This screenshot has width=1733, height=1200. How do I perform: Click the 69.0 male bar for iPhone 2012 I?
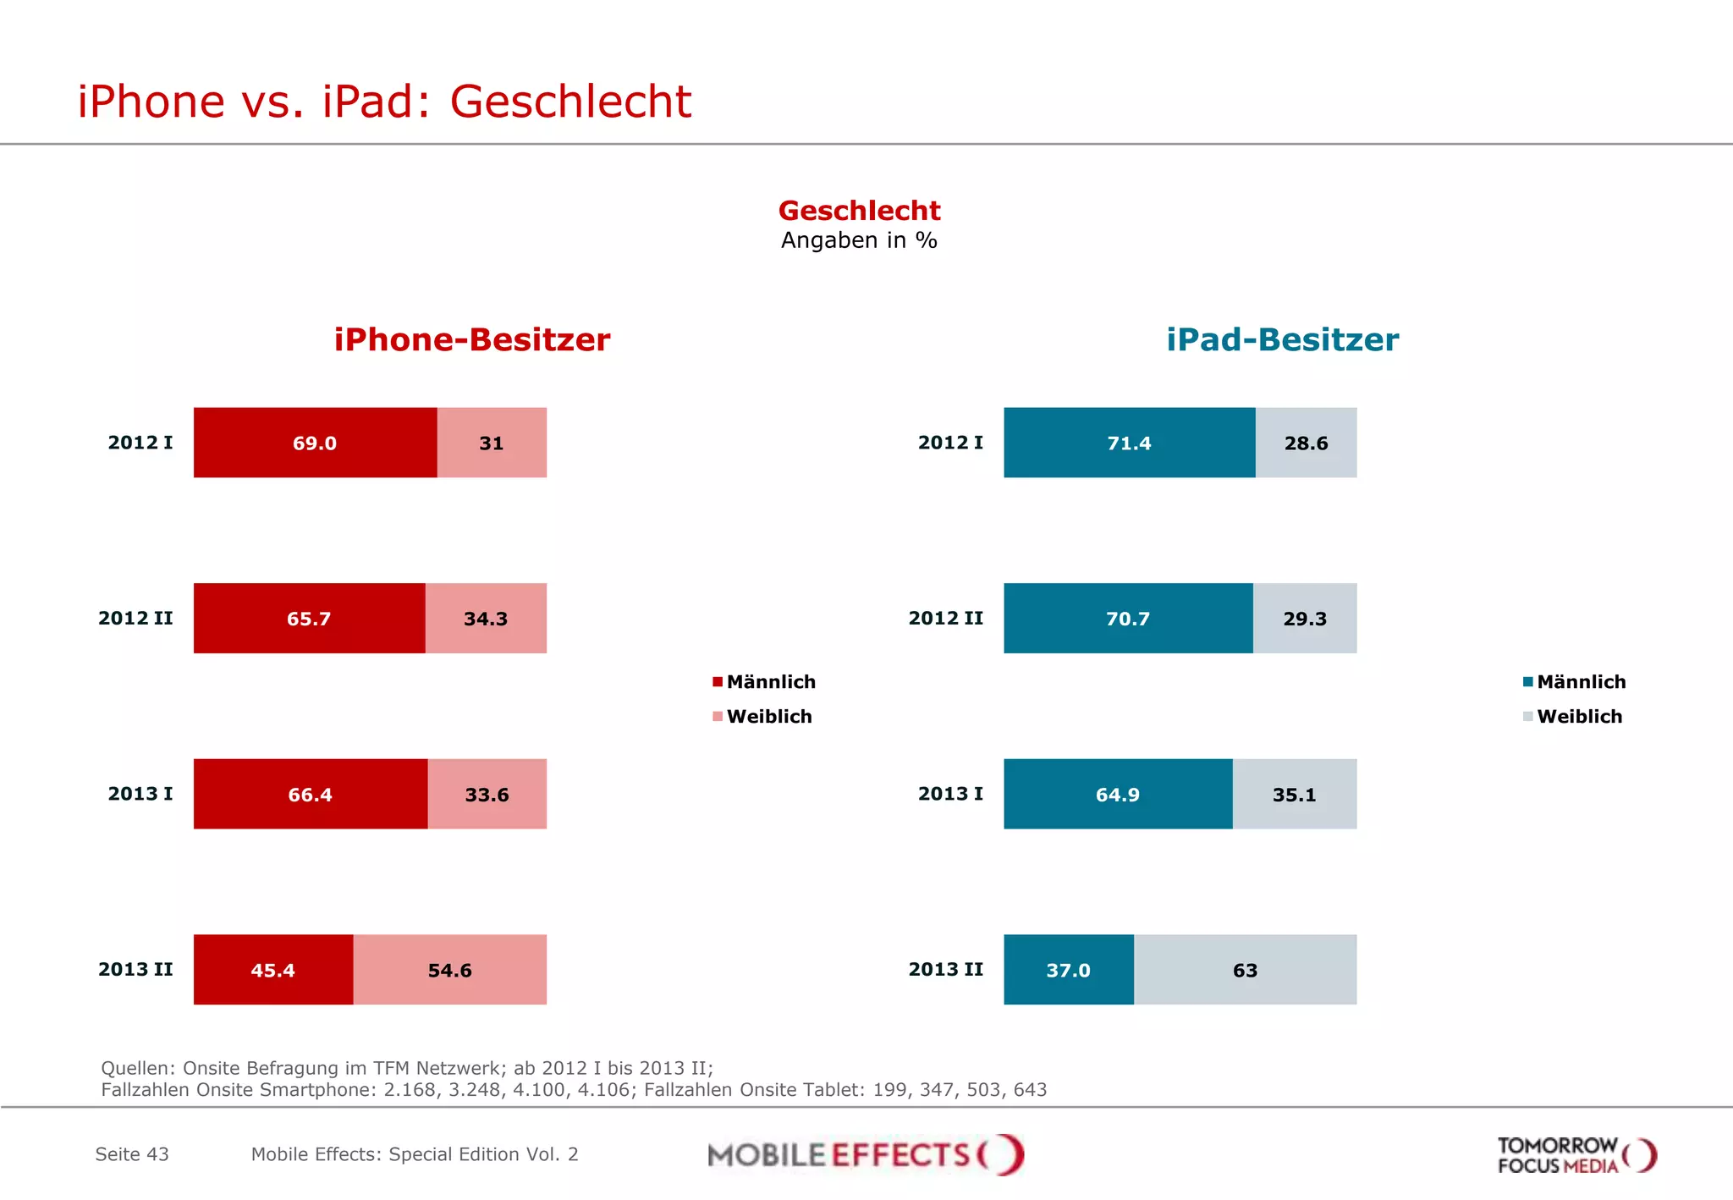[x=315, y=443]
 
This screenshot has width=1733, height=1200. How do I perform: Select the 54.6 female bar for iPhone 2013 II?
[x=449, y=970]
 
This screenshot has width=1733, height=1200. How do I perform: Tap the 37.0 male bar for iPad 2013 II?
[x=1068, y=970]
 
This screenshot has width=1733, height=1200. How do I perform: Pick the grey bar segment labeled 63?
[x=1245, y=970]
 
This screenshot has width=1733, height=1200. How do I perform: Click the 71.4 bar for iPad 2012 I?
[x=1129, y=443]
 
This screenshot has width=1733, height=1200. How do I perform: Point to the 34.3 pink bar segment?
[x=486, y=619]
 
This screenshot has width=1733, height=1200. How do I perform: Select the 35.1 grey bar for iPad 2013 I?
[x=1294, y=794]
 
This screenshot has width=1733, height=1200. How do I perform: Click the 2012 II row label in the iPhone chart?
[x=135, y=619]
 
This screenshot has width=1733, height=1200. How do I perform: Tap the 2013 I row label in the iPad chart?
[x=950, y=794]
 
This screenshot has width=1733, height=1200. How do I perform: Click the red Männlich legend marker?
[x=718, y=682]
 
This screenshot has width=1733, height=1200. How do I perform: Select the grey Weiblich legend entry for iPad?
[x=1579, y=717]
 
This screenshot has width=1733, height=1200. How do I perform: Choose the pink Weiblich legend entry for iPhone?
[x=768, y=717]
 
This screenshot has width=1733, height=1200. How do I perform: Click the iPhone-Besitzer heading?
[x=471, y=339]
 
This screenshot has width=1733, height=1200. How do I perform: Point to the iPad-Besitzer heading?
[x=1282, y=339]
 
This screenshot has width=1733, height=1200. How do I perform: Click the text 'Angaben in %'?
[x=859, y=240]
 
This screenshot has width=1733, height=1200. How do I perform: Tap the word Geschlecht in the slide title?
[x=570, y=102]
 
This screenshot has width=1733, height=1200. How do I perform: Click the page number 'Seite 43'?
[x=132, y=1154]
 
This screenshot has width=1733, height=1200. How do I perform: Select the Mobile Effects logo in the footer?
[x=865, y=1154]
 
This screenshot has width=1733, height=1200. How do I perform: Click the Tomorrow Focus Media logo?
[x=1576, y=1155]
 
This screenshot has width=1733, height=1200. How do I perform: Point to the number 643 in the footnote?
[x=1030, y=1090]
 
